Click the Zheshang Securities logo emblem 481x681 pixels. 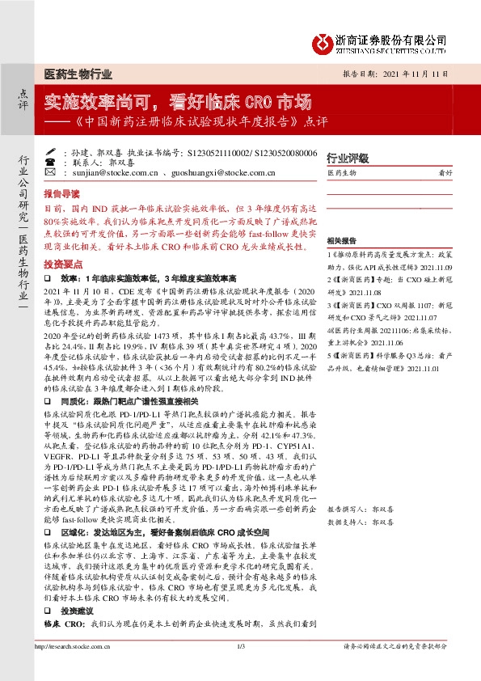tap(325, 40)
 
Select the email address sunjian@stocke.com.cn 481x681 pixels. tap(101, 172)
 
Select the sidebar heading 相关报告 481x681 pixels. tap(342, 241)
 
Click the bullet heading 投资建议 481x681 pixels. tap(78, 611)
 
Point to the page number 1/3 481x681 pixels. tap(240, 669)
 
